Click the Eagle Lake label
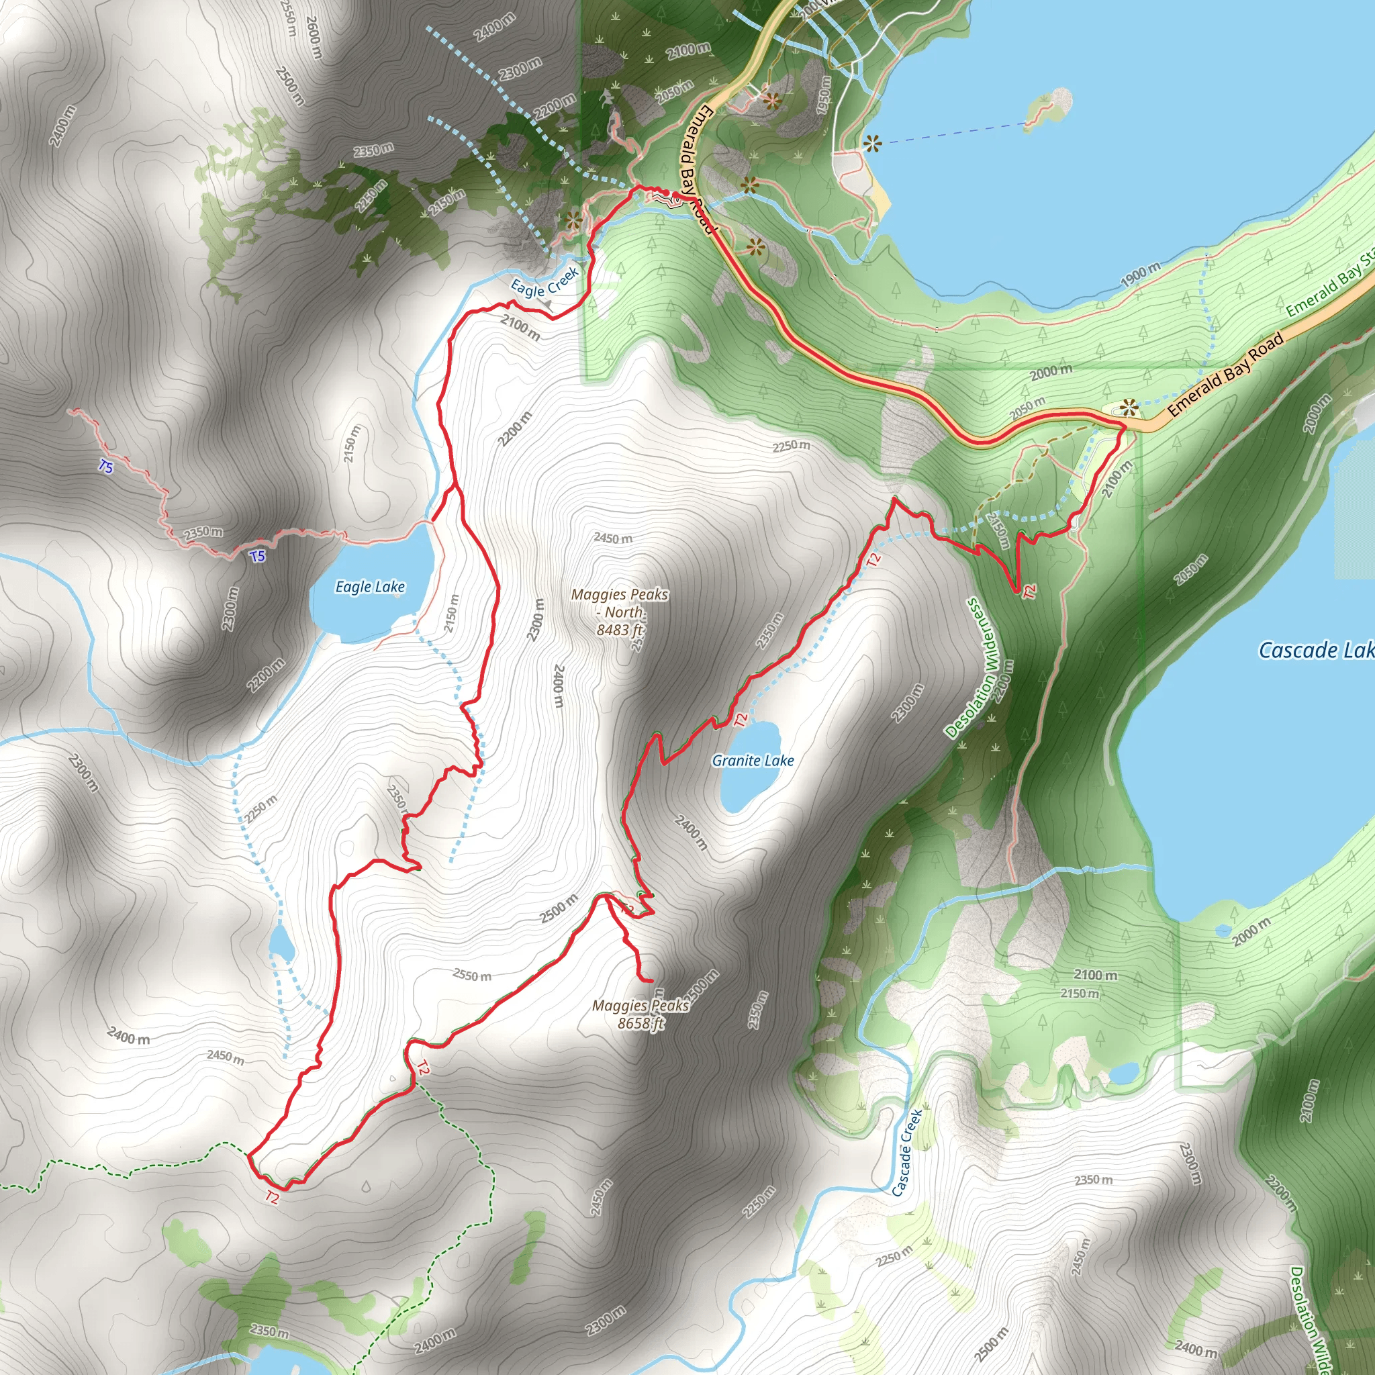370,586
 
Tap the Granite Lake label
753,761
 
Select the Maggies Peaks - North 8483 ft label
620,612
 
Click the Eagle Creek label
544,282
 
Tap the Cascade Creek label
906,1152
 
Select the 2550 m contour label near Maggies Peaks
472,975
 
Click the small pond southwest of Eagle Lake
281,945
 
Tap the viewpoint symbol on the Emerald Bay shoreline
873,144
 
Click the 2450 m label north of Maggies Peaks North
613,538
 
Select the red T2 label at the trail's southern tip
272,1197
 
